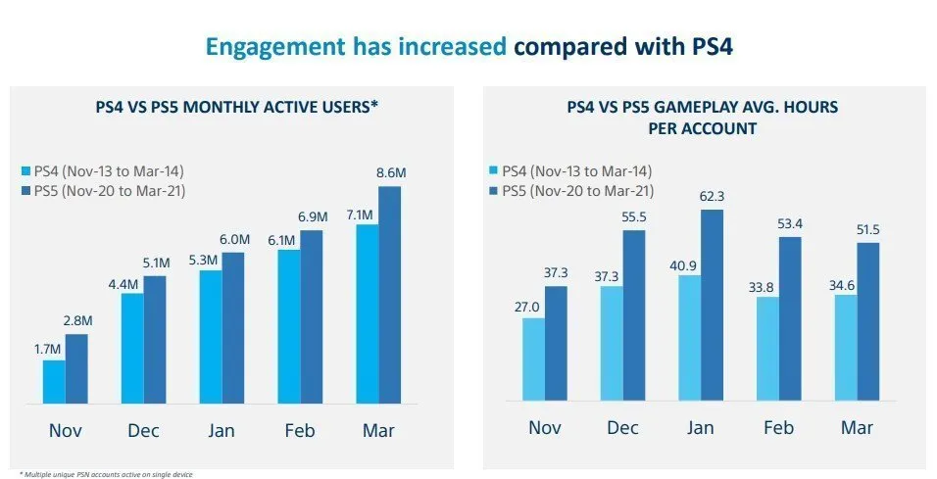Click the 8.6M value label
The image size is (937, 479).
point(391,172)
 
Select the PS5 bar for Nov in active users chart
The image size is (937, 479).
point(76,368)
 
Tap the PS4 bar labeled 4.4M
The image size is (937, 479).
point(132,348)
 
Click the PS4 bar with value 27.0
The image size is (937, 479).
point(533,359)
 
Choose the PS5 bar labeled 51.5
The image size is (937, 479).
point(868,321)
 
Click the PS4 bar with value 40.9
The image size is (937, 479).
point(690,338)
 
